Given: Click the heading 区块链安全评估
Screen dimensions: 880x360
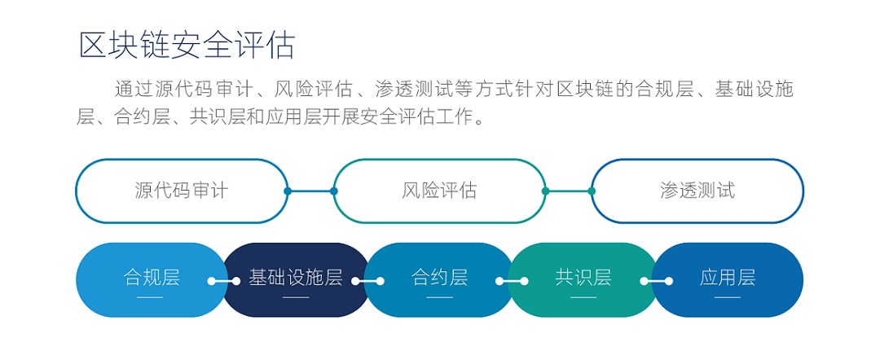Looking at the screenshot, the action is point(187,46).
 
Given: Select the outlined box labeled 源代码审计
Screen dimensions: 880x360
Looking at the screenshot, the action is point(182,191).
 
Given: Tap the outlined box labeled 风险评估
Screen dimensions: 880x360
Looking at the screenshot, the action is point(439,191).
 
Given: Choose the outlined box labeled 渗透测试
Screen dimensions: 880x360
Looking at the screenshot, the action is point(697,191).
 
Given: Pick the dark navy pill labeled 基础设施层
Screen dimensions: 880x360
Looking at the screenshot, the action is point(296,280).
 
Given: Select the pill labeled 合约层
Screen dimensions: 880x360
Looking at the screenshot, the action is point(439,280).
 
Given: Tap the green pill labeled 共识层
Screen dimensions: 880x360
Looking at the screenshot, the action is point(583,280).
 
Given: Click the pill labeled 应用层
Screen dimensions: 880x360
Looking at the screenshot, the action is point(728,280).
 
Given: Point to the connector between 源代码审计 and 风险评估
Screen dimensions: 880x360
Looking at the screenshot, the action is point(311,191).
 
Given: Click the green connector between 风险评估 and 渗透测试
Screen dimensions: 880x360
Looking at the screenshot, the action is point(568,191).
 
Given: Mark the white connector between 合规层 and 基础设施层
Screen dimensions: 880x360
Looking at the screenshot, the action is point(224,281).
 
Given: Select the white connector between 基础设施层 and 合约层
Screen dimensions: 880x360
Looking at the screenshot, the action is point(367,281).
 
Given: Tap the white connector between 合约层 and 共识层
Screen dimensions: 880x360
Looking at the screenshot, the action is point(512,281).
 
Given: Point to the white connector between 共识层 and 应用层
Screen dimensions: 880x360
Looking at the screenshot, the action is point(656,281).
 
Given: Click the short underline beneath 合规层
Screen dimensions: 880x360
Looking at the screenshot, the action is point(151,297).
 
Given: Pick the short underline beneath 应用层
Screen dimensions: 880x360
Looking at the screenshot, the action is point(728,297).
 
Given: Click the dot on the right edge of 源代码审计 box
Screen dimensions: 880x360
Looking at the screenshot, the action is point(288,191).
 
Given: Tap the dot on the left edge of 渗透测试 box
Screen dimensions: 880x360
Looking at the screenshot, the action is point(592,191).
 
